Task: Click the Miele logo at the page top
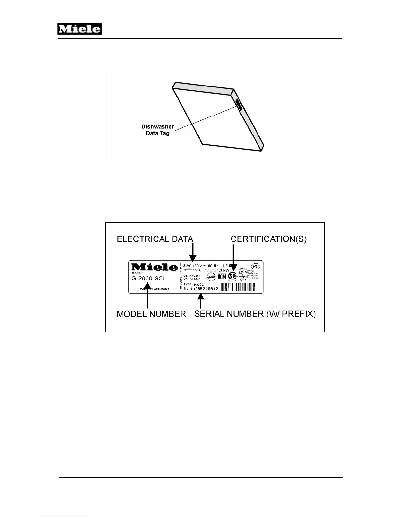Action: (x=80, y=29)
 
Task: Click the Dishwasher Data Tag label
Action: (x=158, y=130)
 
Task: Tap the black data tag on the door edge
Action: (x=239, y=105)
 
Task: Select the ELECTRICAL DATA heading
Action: (x=155, y=239)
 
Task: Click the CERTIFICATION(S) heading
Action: (x=269, y=239)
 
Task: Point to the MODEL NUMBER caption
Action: (x=151, y=314)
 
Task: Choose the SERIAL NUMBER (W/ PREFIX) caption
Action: (x=255, y=314)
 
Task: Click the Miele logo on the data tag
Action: (x=154, y=267)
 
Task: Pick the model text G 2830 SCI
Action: (x=148, y=279)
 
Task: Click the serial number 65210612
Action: (x=208, y=289)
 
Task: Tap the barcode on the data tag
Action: (x=238, y=288)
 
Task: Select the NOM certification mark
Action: (x=222, y=277)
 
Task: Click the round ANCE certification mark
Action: (x=211, y=277)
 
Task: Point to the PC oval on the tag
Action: (x=256, y=266)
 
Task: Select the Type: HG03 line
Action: (x=194, y=284)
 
